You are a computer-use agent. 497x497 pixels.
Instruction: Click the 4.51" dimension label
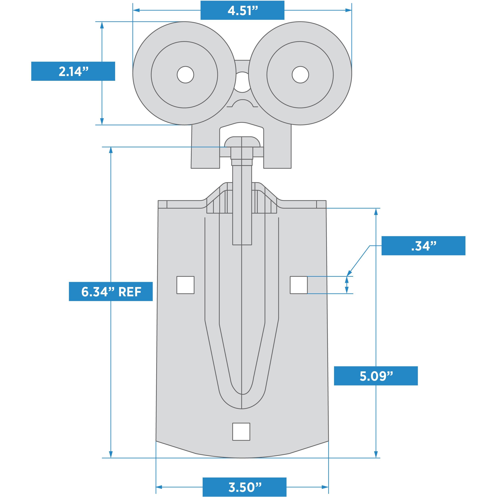point(242,10)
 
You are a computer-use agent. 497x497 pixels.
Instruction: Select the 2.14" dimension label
point(73,71)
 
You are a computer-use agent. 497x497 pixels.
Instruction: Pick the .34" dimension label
point(423,246)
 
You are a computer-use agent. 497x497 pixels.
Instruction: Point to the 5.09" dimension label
point(376,376)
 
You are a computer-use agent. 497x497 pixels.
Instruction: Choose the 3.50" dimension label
point(244,487)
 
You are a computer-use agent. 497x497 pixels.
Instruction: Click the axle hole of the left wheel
point(185,75)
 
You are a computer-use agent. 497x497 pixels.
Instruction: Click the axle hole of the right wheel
point(300,75)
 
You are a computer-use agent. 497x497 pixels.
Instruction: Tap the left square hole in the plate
point(185,285)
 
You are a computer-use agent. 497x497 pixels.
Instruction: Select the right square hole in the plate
point(299,285)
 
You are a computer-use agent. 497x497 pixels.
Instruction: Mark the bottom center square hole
point(241,432)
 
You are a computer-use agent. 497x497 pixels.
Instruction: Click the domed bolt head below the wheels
point(242,142)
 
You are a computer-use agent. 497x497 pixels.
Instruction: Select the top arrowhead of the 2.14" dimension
point(102,25)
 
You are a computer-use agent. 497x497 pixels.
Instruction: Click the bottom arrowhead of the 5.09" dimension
point(376,455)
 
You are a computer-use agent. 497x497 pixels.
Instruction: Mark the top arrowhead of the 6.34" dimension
point(111,150)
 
